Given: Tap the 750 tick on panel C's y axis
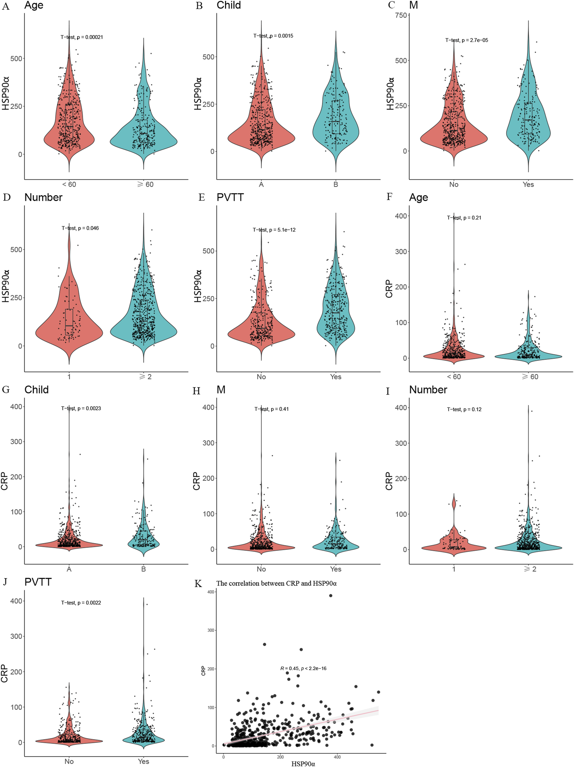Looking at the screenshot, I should click(x=401, y=15).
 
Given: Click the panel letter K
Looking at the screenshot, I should click(x=198, y=584).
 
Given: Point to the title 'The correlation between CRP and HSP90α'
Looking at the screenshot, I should click(x=276, y=583).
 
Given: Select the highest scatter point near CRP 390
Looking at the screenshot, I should click(x=330, y=596).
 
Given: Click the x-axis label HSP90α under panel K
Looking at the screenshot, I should click(x=303, y=763).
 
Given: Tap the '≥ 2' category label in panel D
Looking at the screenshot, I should click(x=145, y=377).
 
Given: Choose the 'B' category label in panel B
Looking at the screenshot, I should click(x=335, y=184).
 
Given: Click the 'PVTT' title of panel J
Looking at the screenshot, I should click(x=38, y=582).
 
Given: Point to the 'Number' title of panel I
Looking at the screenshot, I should click(x=428, y=390).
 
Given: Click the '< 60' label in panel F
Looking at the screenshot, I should click(x=453, y=377).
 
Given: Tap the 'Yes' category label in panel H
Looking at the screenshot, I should click(x=335, y=569).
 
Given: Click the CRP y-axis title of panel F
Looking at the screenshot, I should click(x=389, y=289).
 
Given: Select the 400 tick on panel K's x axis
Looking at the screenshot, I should click(x=337, y=757).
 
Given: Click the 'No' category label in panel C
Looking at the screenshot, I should click(x=453, y=184).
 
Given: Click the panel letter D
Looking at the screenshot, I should click(x=6, y=198).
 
